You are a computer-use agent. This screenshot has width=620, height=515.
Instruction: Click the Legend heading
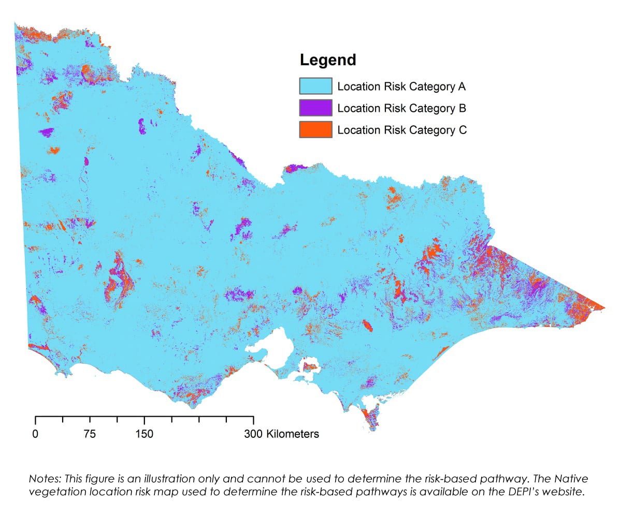328,60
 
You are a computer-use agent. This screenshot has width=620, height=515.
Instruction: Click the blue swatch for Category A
315,86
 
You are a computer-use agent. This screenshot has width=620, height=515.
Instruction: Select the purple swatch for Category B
315,108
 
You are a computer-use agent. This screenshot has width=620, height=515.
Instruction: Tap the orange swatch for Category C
315,130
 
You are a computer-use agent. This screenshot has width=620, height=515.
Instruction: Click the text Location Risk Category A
401,86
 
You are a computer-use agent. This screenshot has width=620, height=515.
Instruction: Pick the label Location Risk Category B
401,108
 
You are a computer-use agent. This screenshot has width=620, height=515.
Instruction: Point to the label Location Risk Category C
401,130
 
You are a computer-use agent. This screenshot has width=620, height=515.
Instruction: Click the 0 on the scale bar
35,434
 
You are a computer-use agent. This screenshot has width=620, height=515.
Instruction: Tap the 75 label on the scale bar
90,434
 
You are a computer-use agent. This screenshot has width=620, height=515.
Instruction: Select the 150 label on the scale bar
144,434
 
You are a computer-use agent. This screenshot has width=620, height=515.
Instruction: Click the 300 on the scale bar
253,434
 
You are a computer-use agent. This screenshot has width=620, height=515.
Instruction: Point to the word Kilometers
293,434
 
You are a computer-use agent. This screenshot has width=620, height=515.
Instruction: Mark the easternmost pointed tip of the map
604,307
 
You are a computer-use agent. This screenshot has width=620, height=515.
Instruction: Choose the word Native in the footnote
574,479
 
